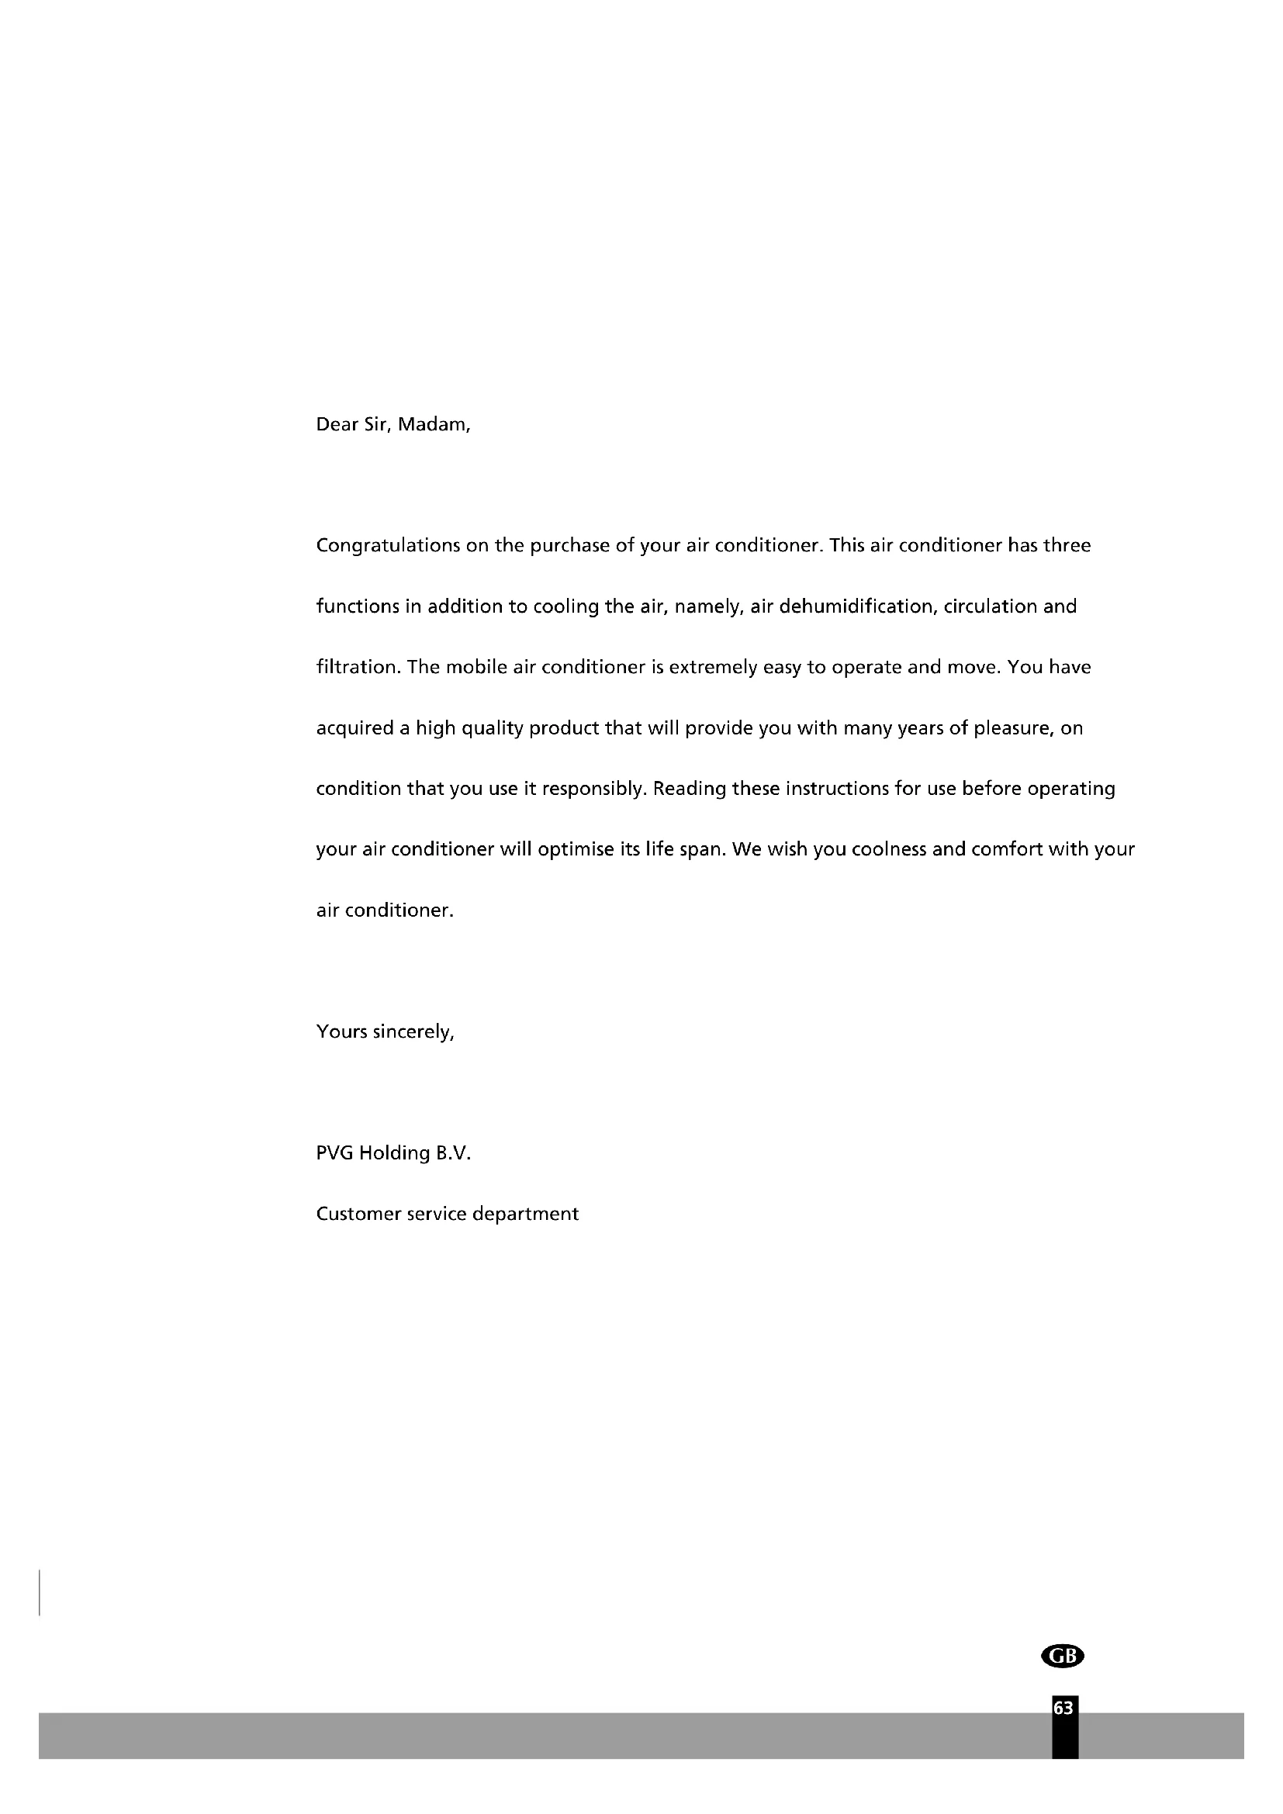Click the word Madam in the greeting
433,425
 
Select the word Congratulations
387,547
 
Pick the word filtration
358,668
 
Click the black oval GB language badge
1063,1655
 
